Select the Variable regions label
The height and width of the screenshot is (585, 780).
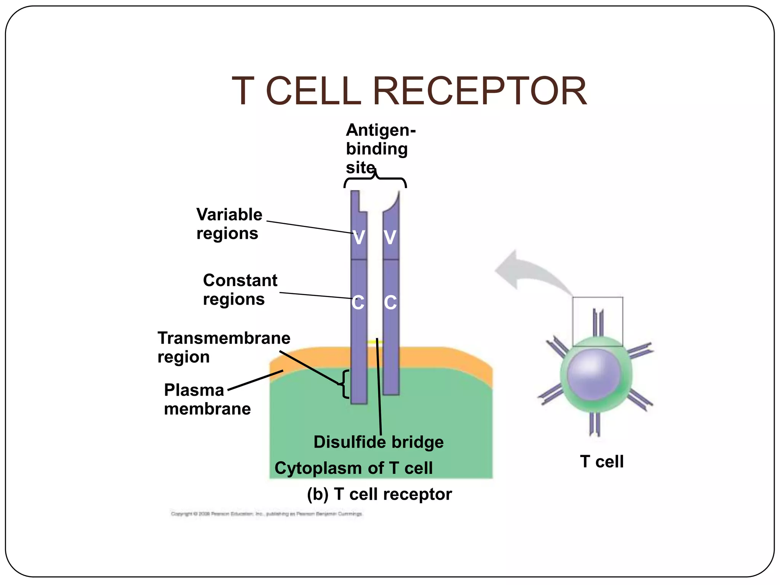(x=229, y=224)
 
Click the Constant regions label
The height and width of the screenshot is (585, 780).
(x=240, y=289)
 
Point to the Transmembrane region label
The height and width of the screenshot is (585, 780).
(x=224, y=347)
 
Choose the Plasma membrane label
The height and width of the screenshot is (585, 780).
(x=207, y=399)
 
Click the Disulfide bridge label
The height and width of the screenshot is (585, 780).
(x=379, y=442)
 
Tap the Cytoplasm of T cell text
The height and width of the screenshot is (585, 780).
(x=353, y=468)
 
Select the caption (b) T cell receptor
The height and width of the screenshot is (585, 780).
(x=379, y=494)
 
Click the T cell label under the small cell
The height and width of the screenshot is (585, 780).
(x=602, y=462)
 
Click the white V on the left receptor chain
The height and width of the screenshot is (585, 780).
(x=359, y=237)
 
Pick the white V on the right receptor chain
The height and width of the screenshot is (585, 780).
(x=390, y=237)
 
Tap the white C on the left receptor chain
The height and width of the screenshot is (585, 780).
(x=358, y=303)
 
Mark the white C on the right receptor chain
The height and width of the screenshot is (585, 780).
(x=390, y=303)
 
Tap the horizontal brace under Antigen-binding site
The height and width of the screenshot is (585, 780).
(x=376, y=180)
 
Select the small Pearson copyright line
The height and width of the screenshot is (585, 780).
(x=266, y=514)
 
